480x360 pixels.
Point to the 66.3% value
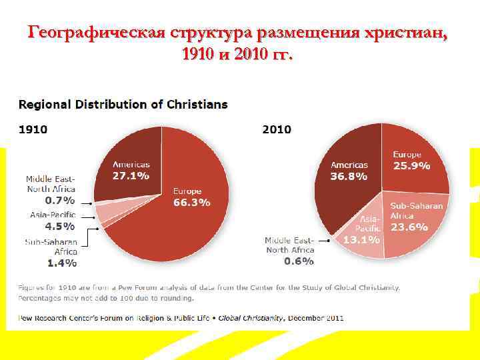pyautogui.click(x=191, y=203)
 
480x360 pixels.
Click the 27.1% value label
pyautogui.click(x=131, y=176)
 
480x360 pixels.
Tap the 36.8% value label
pyautogui.click(x=349, y=177)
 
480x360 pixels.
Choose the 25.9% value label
pyautogui.click(x=411, y=166)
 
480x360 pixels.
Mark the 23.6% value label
pyautogui.click(x=409, y=227)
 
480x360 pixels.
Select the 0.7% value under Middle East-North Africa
pyautogui.click(x=60, y=199)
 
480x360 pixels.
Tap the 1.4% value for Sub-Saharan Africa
pyautogui.click(x=61, y=263)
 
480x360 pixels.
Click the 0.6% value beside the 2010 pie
pyautogui.click(x=299, y=261)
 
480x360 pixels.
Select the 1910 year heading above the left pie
pyautogui.click(x=33, y=129)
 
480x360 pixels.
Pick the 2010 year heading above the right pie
pyautogui.click(x=277, y=129)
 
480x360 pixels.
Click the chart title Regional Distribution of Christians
pyautogui.click(x=123, y=105)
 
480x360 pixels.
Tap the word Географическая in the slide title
pyautogui.click(x=96, y=33)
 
